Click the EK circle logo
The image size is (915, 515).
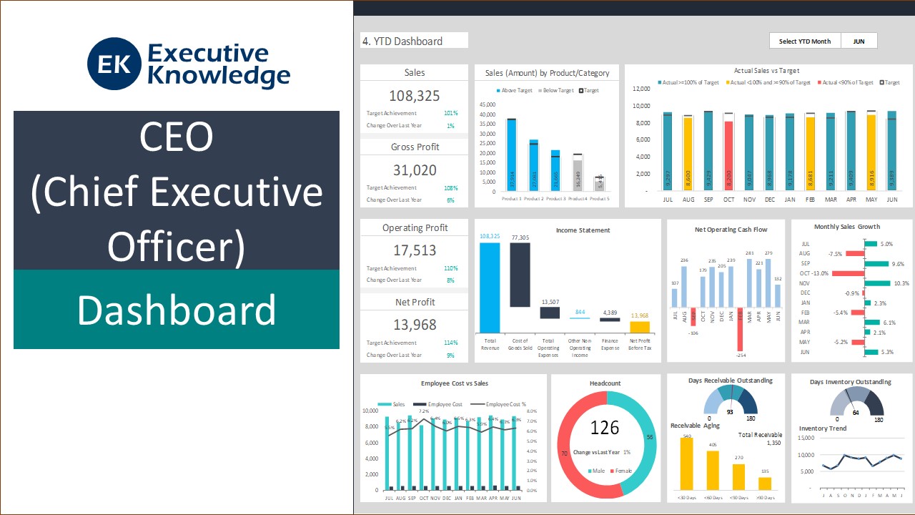pos(114,64)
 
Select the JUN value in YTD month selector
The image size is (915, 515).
pos(859,41)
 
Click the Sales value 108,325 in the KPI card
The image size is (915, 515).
pos(414,96)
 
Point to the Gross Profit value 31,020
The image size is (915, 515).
pos(414,170)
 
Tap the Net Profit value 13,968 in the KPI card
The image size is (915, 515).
pos(414,325)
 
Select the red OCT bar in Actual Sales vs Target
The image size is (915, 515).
pos(728,154)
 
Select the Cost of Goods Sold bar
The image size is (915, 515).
pos(520,274)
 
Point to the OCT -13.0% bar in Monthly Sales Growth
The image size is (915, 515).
pos(848,273)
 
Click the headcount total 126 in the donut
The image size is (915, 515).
pos(605,428)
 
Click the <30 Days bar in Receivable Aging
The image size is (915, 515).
pos(686,464)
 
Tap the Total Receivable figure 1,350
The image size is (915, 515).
pos(773,443)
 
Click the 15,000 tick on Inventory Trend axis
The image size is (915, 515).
pos(805,438)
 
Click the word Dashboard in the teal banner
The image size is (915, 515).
pos(177,310)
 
